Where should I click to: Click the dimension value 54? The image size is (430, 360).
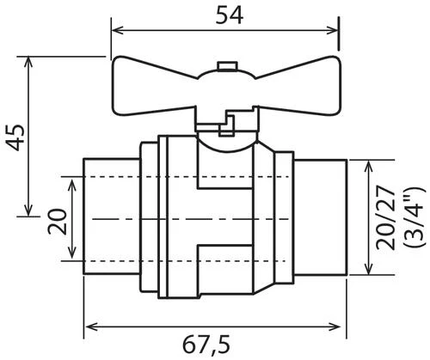pos(230,15)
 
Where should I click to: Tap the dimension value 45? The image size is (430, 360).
pos(15,137)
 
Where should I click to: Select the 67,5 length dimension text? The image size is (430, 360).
pos(206,345)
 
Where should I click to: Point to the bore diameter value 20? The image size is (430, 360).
pos(57,222)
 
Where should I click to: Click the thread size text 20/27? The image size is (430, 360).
pos(385,217)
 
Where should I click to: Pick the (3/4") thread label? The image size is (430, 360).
pos(413,217)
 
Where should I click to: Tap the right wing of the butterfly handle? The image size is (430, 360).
pos(298,86)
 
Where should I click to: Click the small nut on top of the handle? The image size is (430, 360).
pos(227,65)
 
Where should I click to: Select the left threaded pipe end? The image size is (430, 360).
pos(112,217)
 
